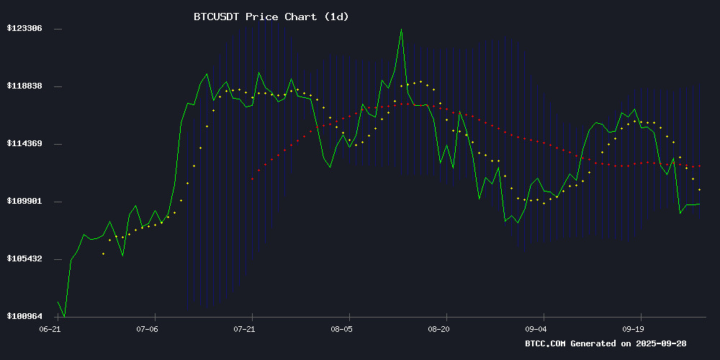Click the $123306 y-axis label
24,29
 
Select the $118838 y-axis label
24,86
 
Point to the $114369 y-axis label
24,144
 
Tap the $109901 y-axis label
24,202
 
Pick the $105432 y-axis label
24,259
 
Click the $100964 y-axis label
24,317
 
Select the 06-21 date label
49,329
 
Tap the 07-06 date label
146,329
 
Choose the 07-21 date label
243,329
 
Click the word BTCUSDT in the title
217,16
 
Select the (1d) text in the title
336,16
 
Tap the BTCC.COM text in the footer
546,344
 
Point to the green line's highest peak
401,30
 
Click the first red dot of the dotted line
252,179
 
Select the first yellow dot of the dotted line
103,253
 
